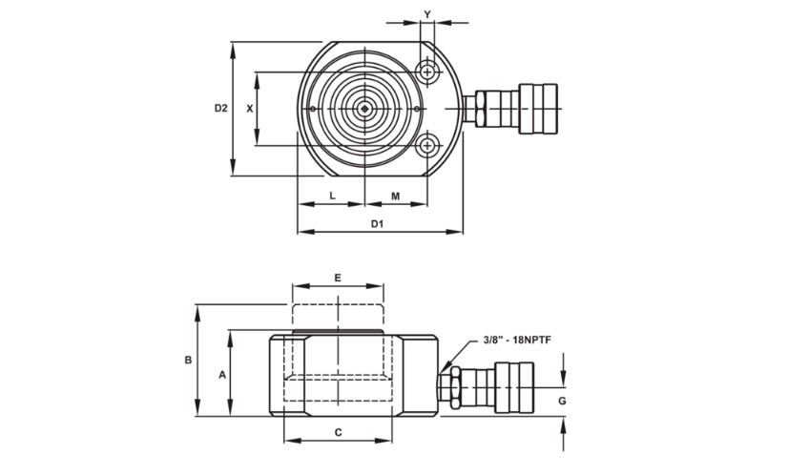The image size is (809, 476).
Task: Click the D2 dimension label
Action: click(220, 109)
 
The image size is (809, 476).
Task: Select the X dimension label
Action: click(250, 109)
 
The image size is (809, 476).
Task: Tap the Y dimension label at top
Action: click(427, 14)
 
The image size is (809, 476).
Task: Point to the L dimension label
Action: click(331, 196)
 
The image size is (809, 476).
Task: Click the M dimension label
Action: click(395, 196)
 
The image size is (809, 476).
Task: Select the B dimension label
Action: click(189, 360)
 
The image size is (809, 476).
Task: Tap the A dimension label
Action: click(222, 375)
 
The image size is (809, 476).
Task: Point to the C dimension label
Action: click(338, 432)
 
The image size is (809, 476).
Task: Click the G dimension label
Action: click(562, 402)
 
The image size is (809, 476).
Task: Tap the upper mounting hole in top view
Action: click(427, 72)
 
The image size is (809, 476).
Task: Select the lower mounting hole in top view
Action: click(427, 146)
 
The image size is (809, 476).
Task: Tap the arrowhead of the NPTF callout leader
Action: click(446, 368)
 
